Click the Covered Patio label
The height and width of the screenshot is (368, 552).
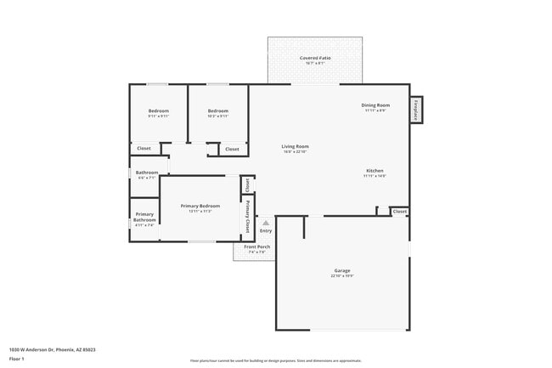(x=315, y=58)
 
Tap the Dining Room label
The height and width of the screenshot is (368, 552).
(x=375, y=105)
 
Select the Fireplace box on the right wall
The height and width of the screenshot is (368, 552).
(x=416, y=109)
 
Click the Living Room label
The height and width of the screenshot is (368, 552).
(x=295, y=146)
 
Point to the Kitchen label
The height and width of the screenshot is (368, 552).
(x=375, y=171)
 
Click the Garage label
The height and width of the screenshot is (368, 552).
(x=341, y=270)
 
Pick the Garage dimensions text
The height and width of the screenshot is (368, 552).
(x=341, y=276)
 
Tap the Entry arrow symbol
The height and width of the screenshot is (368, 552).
(x=266, y=223)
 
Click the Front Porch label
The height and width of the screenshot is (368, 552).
(x=256, y=246)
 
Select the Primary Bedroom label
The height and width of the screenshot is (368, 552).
(x=200, y=206)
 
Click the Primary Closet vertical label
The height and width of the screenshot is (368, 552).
(x=248, y=215)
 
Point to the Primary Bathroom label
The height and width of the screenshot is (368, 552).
(x=144, y=217)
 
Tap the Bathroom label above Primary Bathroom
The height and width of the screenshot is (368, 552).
(x=146, y=173)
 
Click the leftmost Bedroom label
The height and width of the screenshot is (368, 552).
(x=159, y=110)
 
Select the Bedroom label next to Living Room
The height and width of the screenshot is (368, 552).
(x=218, y=110)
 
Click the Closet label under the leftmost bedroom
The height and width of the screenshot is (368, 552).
(x=144, y=149)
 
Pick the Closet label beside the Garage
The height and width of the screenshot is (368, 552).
(x=399, y=211)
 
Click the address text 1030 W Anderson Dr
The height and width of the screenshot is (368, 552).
(x=52, y=348)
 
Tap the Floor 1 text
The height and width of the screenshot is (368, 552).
(x=18, y=360)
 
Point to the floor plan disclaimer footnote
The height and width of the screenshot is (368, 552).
(x=275, y=360)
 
